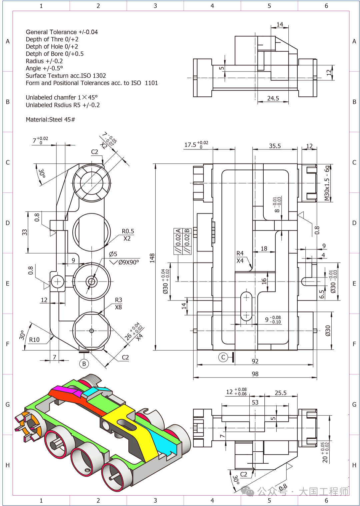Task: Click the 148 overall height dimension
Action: pos(152,258)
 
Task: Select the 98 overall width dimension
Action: pos(255,374)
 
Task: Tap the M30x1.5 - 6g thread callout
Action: pos(327,183)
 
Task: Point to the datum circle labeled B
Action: pos(84,364)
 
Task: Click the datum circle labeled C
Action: pos(223,357)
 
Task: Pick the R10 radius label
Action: pos(34,340)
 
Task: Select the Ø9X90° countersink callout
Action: pos(129,262)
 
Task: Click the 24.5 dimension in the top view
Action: pos(273,98)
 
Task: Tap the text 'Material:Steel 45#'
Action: pos(50,119)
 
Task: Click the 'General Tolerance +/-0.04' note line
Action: pos(62,32)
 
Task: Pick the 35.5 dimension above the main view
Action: pos(275,146)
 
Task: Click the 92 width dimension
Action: pos(255,361)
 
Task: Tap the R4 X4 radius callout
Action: pos(240,257)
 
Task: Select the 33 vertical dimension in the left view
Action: pos(24,232)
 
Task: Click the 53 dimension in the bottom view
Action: pos(255,402)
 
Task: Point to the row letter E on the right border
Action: pos(354,283)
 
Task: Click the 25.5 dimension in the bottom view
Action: pos(281,393)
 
